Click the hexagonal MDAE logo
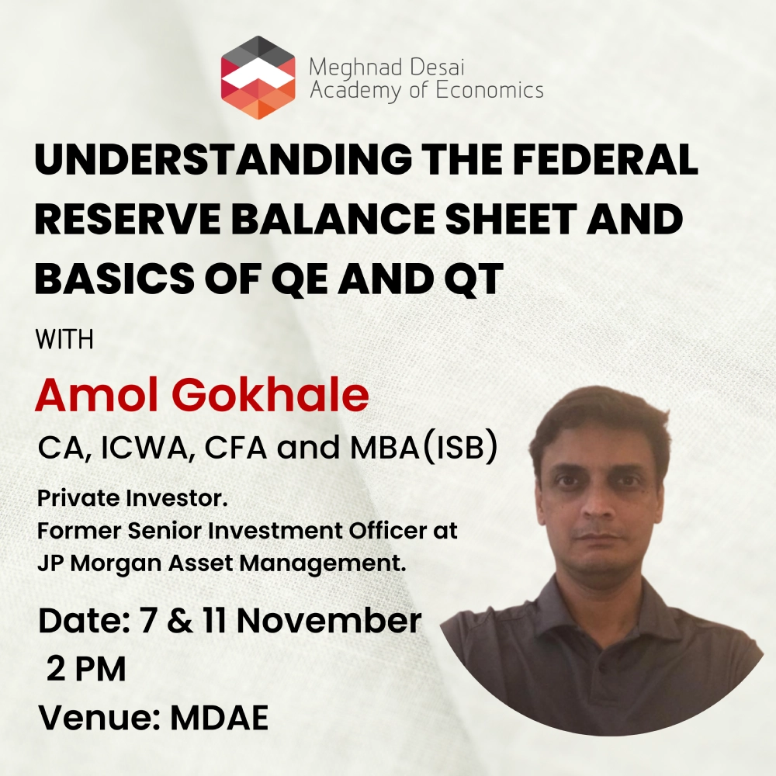(x=258, y=77)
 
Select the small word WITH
(x=64, y=340)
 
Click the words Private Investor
(x=132, y=498)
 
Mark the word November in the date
(x=329, y=621)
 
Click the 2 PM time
(x=87, y=670)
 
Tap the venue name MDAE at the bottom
(x=220, y=718)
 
